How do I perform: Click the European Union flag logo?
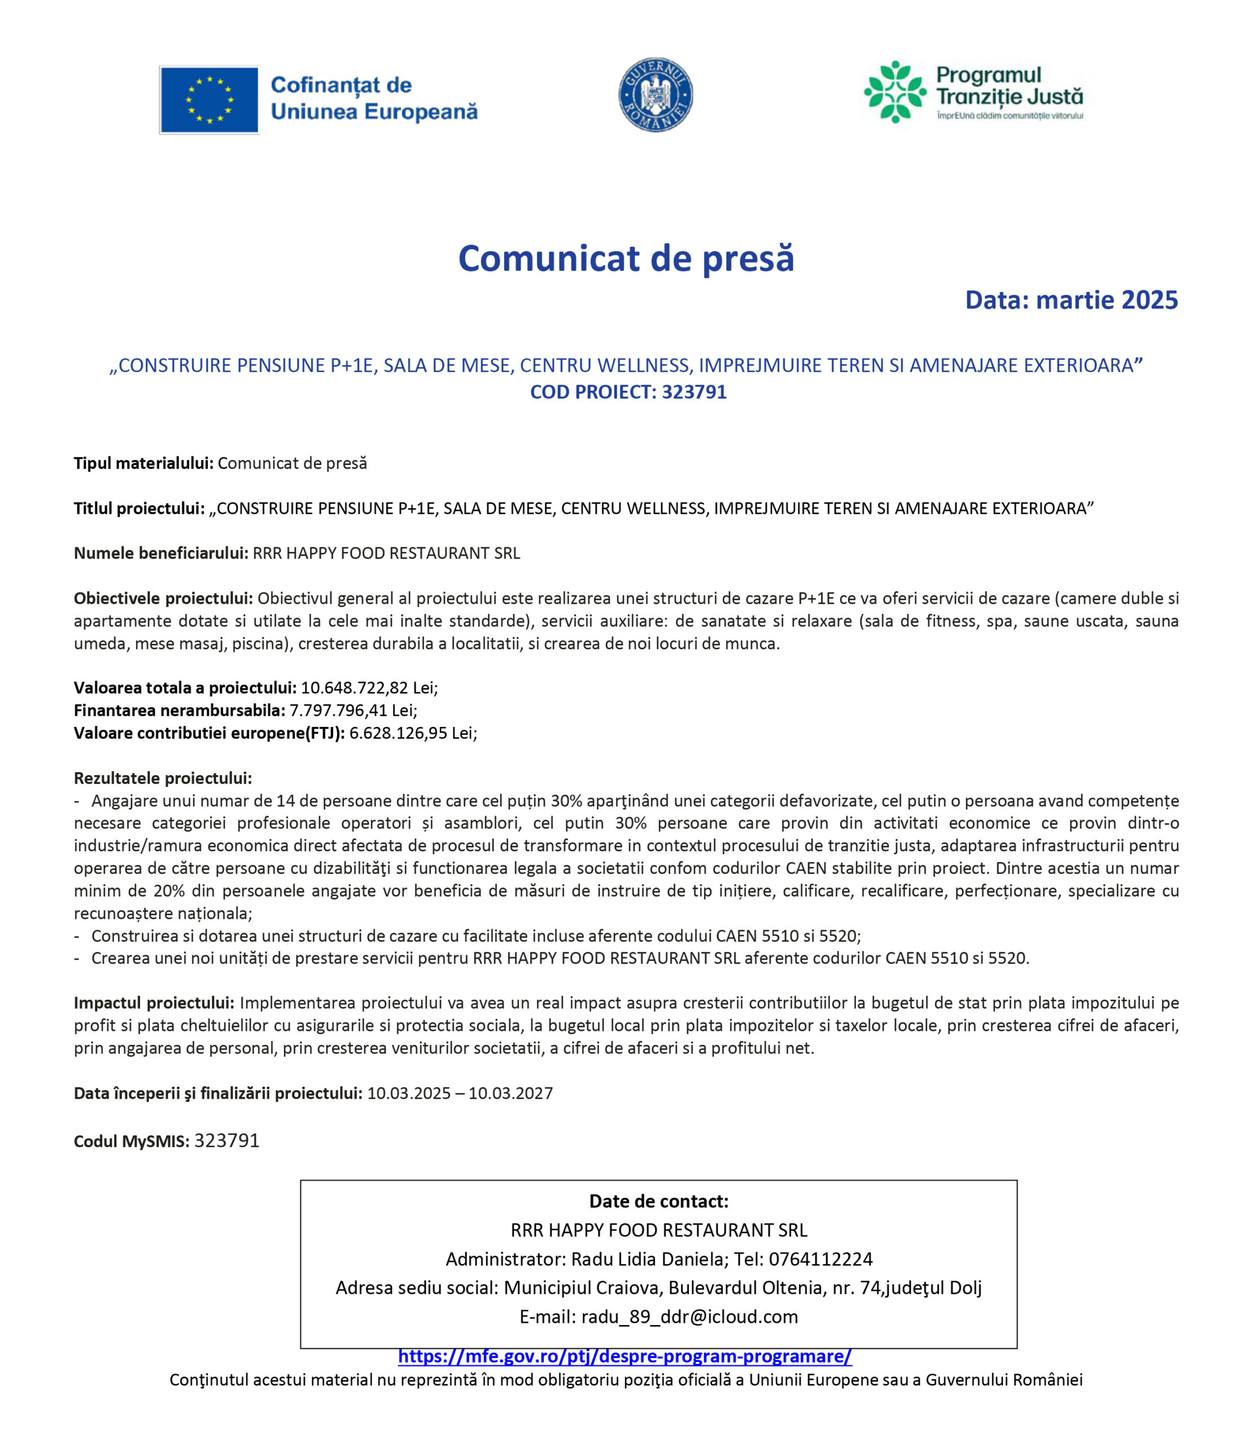[x=209, y=99]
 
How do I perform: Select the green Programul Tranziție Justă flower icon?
[x=894, y=92]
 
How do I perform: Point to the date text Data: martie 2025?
[x=1071, y=300]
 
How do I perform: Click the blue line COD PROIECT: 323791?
[x=628, y=392]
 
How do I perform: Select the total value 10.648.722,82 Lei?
[x=369, y=687]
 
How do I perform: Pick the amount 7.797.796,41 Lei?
[x=352, y=710]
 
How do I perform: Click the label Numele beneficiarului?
[x=161, y=554]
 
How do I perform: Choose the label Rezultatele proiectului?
[x=163, y=778]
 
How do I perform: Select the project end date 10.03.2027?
[x=510, y=1093]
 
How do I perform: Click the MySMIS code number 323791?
[x=227, y=1141]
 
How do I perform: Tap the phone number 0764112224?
[x=820, y=1259]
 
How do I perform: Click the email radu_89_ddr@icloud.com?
[x=689, y=1317]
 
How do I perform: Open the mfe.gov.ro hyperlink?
[x=625, y=1356]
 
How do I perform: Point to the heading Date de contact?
[x=658, y=1201]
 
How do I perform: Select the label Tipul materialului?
[x=143, y=463]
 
